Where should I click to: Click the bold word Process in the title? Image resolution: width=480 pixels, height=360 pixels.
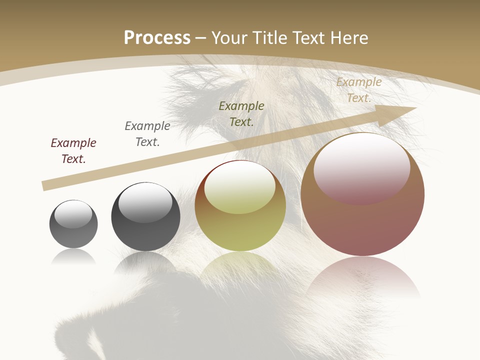pos(157,38)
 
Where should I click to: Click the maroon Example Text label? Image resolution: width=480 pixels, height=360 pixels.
pos(73,150)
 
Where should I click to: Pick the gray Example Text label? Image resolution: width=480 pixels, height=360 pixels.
pos(147,133)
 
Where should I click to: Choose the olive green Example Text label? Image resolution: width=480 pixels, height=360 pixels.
pos(241,113)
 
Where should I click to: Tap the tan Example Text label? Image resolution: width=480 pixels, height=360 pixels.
pos(359,90)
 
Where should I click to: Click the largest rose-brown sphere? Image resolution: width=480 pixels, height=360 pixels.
pos(362,225)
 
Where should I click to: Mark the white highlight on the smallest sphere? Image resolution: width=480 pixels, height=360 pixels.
pos(73,214)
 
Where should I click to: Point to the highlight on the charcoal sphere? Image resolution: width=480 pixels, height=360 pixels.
pos(145,202)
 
